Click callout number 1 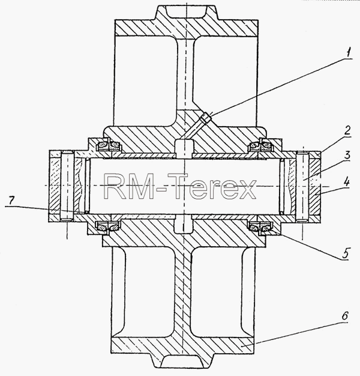click(349, 52)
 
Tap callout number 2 click(347, 130)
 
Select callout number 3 click(346, 155)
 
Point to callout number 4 click(346, 183)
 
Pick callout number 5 click(345, 253)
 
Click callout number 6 click(344, 316)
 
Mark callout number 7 click(12, 201)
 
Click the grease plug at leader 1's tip click(206, 118)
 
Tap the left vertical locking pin click(67, 186)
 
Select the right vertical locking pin click(302, 186)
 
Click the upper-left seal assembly click(108, 145)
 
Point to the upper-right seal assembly click(260, 145)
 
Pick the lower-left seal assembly click(108, 226)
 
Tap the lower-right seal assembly click(260, 226)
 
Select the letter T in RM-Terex click(179, 186)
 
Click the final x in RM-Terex click(246, 189)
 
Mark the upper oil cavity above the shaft click(184, 149)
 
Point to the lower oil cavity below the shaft click(183, 223)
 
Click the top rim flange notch click(186, 12)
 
